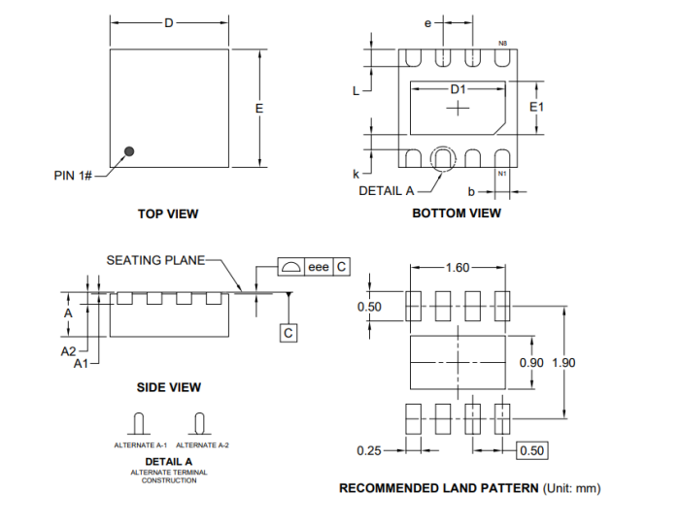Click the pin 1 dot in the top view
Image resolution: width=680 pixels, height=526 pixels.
tap(128, 151)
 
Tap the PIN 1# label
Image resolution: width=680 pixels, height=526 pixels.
tap(73, 176)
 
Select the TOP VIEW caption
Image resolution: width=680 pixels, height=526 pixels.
tap(168, 214)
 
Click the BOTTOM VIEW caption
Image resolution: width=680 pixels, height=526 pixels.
tap(457, 214)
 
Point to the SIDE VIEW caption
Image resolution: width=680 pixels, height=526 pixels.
tap(169, 387)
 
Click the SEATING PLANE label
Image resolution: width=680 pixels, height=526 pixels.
tap(155, 260)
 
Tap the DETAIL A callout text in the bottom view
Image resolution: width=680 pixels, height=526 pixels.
tap(387, 190)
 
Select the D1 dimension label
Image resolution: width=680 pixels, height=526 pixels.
tap(458, 89)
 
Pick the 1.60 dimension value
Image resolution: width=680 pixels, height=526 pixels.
tap(458, 268)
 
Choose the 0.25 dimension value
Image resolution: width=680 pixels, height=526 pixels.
tap(368, 450)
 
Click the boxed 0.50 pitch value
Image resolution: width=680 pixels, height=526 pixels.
tap(532, 450)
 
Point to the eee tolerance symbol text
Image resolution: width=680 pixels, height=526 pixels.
tap(319, 267)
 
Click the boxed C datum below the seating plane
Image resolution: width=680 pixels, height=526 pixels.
tap(288, 333)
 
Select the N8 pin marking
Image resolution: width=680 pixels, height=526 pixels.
tap(502, 44)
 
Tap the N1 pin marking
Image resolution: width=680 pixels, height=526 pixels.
tap(502, 174)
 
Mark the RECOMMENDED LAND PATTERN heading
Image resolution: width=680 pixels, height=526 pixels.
tap(438, 488)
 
